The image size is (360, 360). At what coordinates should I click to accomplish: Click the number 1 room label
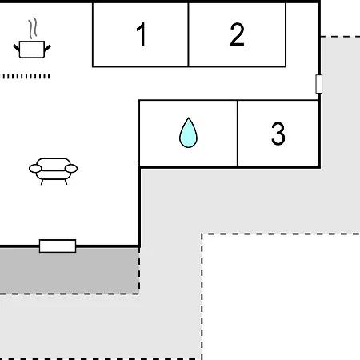click(x=142, y=34)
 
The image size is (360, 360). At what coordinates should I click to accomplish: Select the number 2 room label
click(x=237, y=34)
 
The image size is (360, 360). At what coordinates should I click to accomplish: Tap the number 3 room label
click(x=278, y=134)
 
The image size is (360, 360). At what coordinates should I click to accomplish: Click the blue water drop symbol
click(x=188, y=133)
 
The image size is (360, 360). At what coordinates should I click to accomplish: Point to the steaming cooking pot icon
click(x=32, y=38)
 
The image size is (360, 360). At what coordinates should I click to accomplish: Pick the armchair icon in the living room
click(x=53, y=171)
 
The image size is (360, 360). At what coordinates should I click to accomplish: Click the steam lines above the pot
click(x=33, y=28)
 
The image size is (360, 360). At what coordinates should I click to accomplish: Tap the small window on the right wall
click(x=318, y=84)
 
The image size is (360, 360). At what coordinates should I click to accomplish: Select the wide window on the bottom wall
click(x=58, y=246)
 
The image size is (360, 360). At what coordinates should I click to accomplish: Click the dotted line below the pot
click(x=26, y=77)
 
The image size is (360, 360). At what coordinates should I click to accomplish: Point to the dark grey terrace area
click(x=70, y=270)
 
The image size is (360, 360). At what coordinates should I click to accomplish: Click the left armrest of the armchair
click(x=35, y=169)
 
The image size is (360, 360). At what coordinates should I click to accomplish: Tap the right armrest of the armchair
click(x=71, y=169)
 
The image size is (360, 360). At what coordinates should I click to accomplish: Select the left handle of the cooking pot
click(x=17, y=48)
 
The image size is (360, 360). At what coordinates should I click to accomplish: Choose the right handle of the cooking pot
click(x=47, y=48)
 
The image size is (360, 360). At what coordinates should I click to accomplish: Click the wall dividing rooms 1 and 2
click(x=188, y=34)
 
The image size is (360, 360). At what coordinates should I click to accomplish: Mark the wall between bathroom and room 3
click(x=238, y=134)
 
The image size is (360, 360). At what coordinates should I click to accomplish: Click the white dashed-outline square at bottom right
click(x=281, y=297)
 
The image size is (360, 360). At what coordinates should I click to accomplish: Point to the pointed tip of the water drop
click(x=189, y=118)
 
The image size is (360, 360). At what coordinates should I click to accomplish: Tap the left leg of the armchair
click(x=42, y=182)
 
